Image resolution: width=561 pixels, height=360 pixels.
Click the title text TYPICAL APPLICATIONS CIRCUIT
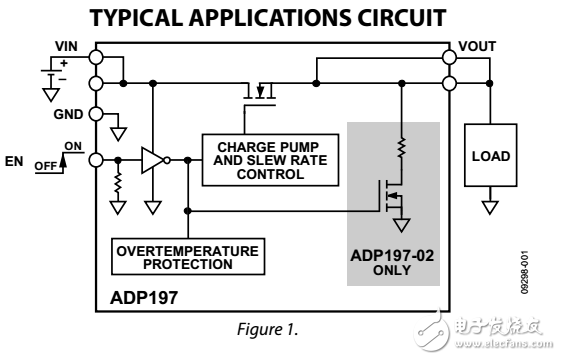pyautogui.click(x=282, y=20)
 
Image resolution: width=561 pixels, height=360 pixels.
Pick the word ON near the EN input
pyautogui.click(x=73, y=148)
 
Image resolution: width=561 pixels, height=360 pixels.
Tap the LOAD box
pyautogui.click(x=491, y=157)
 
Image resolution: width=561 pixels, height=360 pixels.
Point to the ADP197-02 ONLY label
pyautogui.click(x=392, y=262)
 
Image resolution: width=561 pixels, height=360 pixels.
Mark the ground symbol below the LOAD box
pyautogui.click(x=491, y=207)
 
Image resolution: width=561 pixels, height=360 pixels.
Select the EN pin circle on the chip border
pyautogui.click(x=96, y=159)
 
